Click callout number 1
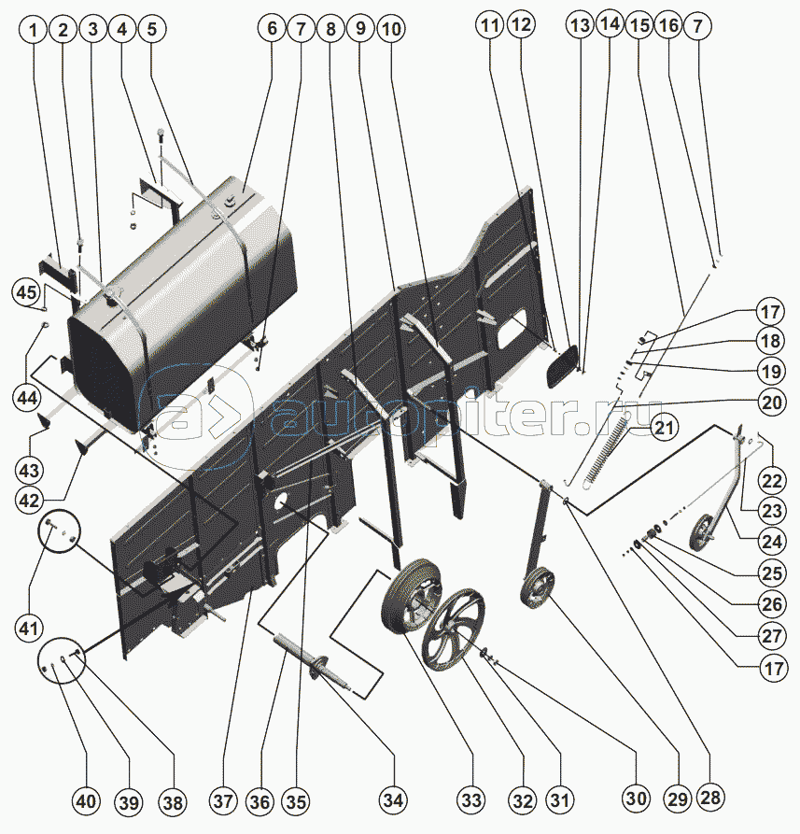(x=35, y=30)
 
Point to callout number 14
(x=611, y=25)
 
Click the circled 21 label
(x=664, y=429)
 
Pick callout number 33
(x=471, y=800)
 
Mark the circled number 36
(x=260, y=801)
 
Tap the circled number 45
(x=28, y=292)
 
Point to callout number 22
(x=770, y=481)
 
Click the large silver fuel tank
(x=187, y=299)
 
